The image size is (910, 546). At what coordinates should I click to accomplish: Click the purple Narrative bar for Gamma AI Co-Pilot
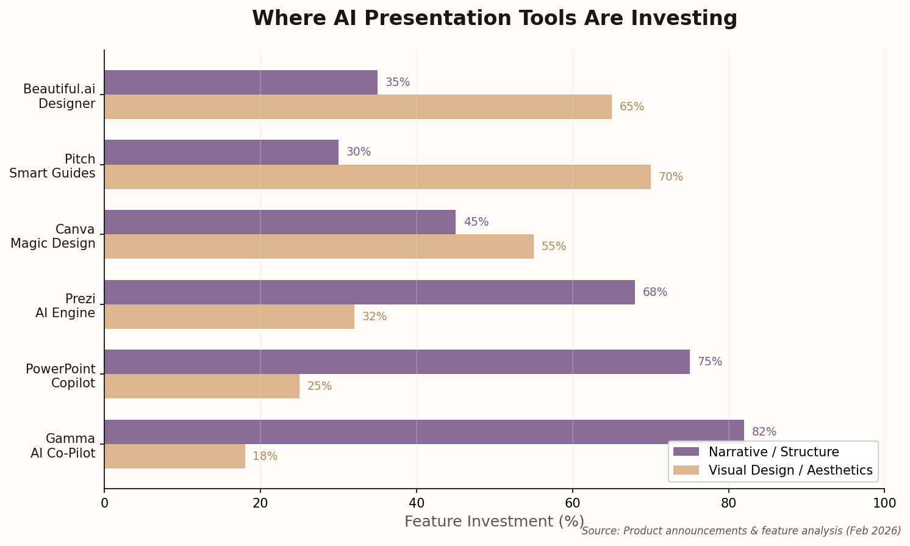pos(424,432)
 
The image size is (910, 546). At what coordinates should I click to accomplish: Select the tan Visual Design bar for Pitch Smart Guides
pos(377,177)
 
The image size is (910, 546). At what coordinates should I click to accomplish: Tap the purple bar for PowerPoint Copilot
pos(396,362)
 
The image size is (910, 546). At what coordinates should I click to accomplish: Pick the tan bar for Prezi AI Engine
pos(229,317)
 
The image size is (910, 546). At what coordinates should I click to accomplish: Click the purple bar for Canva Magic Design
pos(279,222)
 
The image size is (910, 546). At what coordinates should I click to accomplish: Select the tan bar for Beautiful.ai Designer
pos(357,107)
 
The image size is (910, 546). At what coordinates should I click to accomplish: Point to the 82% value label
pos(764,432)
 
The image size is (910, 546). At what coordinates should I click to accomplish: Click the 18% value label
pos(265,456)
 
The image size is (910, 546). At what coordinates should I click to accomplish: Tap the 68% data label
pos(654,292)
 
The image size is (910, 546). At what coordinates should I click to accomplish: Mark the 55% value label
pos(553,246)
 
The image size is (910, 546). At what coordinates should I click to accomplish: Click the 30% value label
pos(358,152)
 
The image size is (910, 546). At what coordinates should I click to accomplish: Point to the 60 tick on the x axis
pos(572,503)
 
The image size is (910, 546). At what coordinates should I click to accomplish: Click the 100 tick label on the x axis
pos(884,503)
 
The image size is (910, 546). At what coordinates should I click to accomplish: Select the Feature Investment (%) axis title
pos(494,522)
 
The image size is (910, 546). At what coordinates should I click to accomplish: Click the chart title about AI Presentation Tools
pos(494,18)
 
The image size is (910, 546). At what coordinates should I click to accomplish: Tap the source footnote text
pos(741,531)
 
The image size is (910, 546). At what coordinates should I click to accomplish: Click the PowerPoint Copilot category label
pos(60,376)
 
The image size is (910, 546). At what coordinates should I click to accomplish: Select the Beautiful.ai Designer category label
pos(59,96)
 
